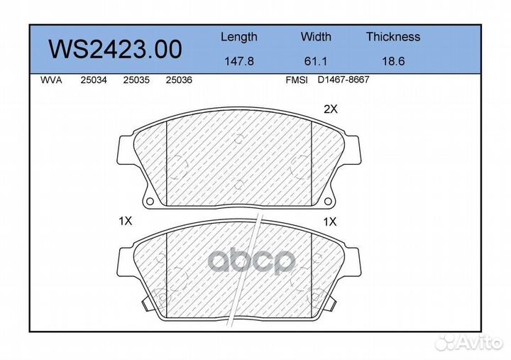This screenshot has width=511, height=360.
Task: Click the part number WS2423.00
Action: [115, 49]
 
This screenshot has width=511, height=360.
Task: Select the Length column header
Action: [239, 37]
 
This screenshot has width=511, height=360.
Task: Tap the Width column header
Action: [316, 36]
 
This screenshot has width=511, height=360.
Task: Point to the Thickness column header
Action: [393, 36]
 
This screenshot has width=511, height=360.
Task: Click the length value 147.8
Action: [239, 61]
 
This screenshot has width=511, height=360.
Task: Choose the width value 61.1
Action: [315, 61]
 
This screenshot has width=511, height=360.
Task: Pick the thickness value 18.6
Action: [393, 61]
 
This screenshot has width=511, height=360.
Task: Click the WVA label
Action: [51, 80]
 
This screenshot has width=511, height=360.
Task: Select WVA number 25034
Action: [94, 80]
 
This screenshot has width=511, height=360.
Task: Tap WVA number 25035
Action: [136, 80]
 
